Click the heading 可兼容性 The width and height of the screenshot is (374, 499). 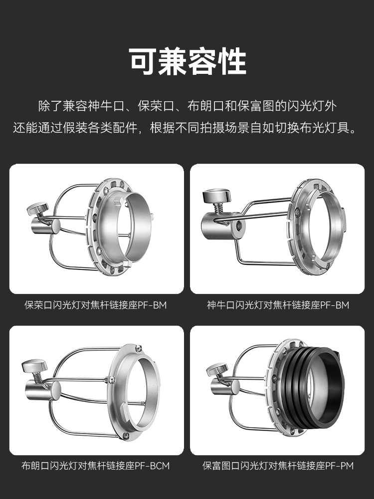click(x=187, y=61)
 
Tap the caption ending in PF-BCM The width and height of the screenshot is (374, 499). click(x=96, y=466)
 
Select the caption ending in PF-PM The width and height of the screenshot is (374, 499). click(x=278, y=466)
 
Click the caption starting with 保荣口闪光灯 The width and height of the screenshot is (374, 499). click(x=96, y=305)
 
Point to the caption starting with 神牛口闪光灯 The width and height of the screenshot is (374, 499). click(x=278, y=305)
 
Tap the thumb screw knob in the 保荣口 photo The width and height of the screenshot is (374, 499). click(x=37, y=208)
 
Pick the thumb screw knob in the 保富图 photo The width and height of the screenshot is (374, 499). click(x=217, y=369)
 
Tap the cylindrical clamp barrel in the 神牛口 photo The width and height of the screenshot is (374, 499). click(x=222, y=226)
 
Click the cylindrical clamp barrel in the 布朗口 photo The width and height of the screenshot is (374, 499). click(x=43, y=391)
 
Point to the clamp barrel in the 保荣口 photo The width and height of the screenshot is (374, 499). click(x=45, y=226)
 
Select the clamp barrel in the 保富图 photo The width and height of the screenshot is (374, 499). click(x=225, y=387)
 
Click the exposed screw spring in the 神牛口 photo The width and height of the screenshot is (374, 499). click(x=218, y=208)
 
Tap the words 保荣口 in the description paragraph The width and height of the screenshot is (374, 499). click(x=156, y=106)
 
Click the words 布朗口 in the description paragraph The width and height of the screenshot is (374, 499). click(x=205, y=106)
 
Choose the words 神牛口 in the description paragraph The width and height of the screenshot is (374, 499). click(x=106, y=106)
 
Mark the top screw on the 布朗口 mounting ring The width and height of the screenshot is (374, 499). click(x=139, y=348)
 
